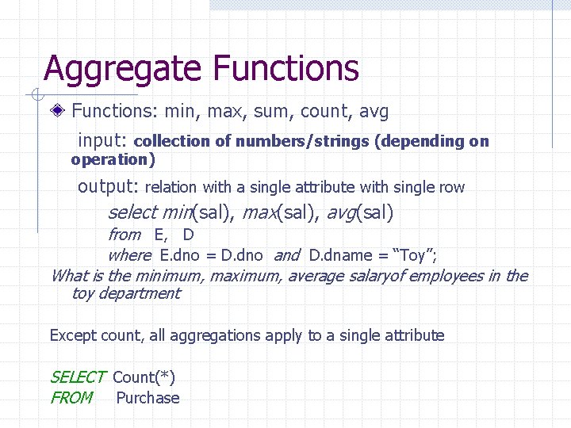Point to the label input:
point(102,141)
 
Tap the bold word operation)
point(113,159)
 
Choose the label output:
point(108,187)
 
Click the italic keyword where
point(128,255)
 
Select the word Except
point(73,335)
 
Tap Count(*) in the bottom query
point(144,378)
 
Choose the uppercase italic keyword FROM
point(71,398)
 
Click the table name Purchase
point(148,398)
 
